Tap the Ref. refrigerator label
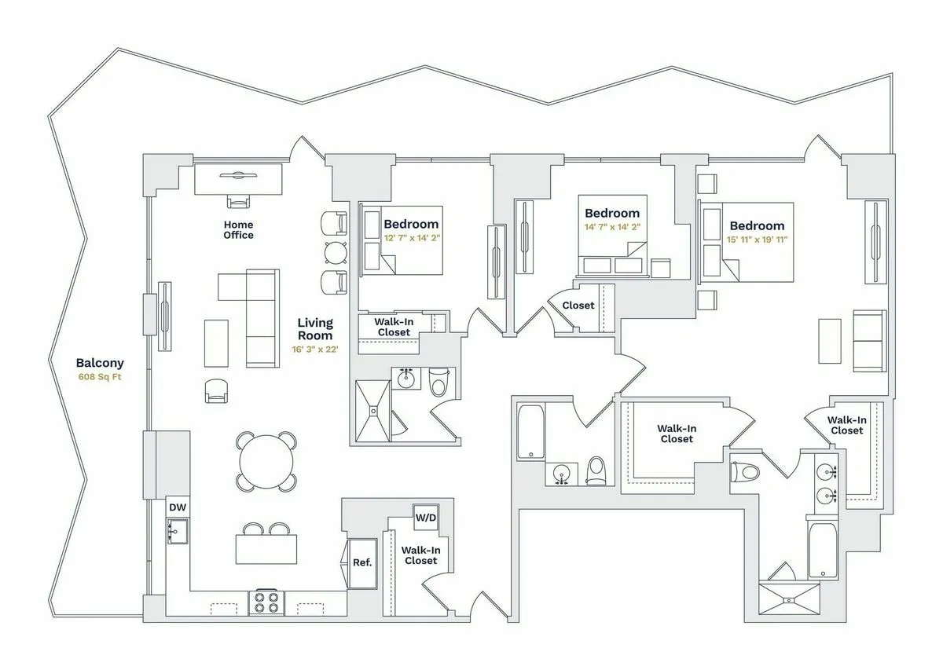pyautogui.click(x=362, y=562)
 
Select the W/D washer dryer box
pyautogui.click(x=426, y=518)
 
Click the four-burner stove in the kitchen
pyautogui.click(x=266, y=603)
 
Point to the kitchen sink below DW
pyautogui.click(x=177, y=532)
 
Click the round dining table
pyautogui.click(x=268, y=462)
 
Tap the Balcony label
pyautogui.click(x=100, y=363)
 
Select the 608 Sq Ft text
pyautogui.click(x=100, y=376)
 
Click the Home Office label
pyautogui.click(x=238, y=229)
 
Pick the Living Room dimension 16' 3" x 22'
pyautogui.click(x=314, y=350)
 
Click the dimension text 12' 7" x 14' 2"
pyautogui.click(x=411, y=239)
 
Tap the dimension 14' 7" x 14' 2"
pyautogui.click(x=612, y=227)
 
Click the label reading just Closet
pyautogui.click(x=578, y=305)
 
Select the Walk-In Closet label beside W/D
pyautogui.click(x=420, y=555)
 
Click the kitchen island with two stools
pyautogui.click(x=266, y=548)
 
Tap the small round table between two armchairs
pyautogui.click(x=336, y=251)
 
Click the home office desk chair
pyautogui.click(x=238, y=202)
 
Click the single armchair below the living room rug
pyautogui.click(x=216, y=391)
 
